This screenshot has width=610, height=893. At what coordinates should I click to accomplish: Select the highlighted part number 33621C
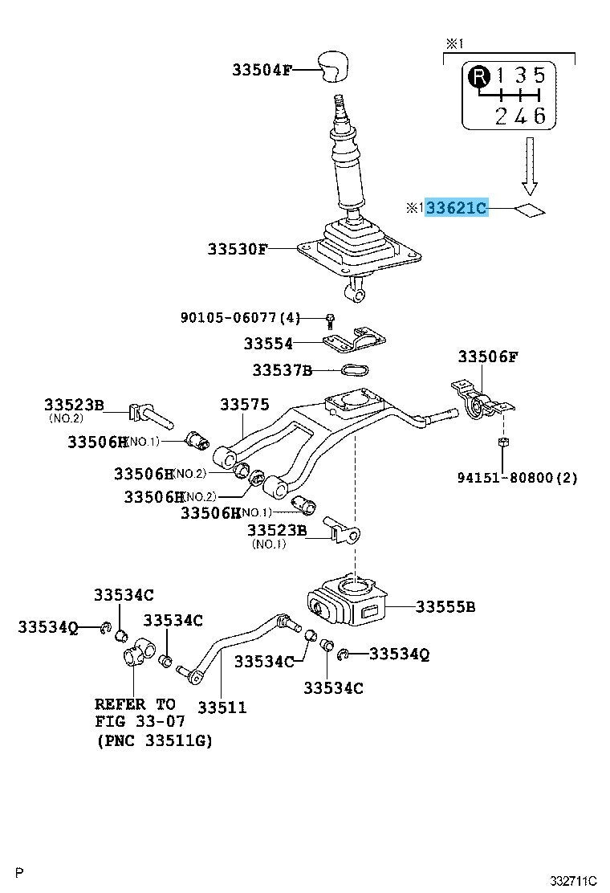(x=455, y=209)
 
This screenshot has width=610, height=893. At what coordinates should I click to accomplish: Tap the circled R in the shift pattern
(x=478, y=77)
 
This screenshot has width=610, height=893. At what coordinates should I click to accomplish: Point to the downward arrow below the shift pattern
(x=528, y=166)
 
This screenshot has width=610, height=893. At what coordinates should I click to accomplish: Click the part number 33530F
(x=237, y=249)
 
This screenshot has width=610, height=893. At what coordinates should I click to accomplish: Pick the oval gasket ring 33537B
(x=355, y=370)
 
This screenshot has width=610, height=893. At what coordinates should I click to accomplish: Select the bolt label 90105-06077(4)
(x=240, y=318)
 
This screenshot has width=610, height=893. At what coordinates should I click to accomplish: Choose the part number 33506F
(x=487, y=357)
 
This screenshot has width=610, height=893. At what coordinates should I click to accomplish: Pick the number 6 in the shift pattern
(x=539, y=116)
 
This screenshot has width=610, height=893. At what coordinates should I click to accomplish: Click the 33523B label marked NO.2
(x=74, y=405)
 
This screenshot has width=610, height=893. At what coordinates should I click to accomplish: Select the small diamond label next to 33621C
(x=529, y=210)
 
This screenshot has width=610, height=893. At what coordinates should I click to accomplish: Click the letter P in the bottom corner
(x=20, y=872)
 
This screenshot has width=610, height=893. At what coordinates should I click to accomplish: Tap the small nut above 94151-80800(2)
(x=502, y=442)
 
